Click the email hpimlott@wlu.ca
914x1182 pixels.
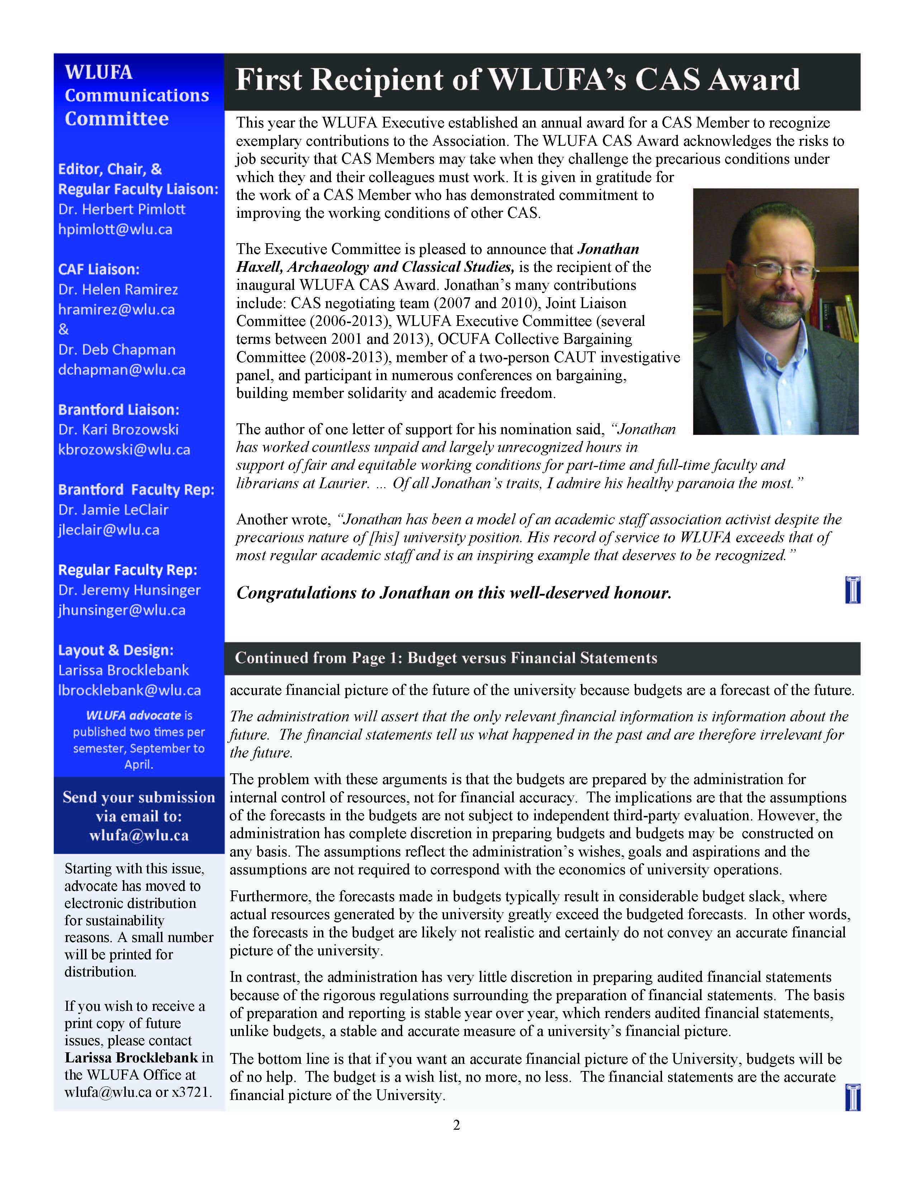(115, 230)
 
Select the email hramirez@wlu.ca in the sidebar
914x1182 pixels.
(116, 309)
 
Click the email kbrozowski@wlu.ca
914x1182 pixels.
(124, 450)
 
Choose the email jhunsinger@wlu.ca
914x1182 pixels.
(122, 610)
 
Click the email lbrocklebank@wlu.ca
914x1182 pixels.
(129, 690)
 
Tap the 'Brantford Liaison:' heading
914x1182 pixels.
(119, 410)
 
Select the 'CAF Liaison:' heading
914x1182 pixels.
(99, 269)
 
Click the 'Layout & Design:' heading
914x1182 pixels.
(116, 650)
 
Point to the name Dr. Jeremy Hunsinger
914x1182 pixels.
(129, 590)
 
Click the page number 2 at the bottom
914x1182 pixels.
(456, 1125)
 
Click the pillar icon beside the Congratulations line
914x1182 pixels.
(852, 590)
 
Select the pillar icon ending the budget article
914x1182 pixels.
(852, 1097)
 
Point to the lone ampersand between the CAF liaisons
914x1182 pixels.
(64, 329)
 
